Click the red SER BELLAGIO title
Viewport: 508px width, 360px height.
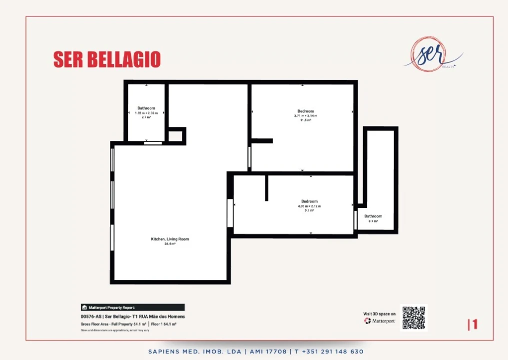pyautogui.click(x=107, y=59)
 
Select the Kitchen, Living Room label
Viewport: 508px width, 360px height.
pyautogui.click(x=170, y=239)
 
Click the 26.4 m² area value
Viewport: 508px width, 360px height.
pyautogui.click(x=170, y=244)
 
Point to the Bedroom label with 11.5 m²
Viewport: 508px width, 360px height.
pyautogui.click(x=305, y=111)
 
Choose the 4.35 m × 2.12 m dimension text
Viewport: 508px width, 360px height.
pyautogui.click(x=309, y=206)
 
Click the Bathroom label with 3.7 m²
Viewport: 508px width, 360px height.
pyautogui.click(x=373, y=216)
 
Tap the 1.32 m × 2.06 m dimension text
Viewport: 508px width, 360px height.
pyautogui.click(x=146, y=112)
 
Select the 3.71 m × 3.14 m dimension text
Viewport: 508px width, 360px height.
pyautogui.click(x=305, y=116)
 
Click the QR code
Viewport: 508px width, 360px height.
pyautogui.click(x=413, y=318)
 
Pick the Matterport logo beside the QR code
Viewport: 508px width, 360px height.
pyautogui.click(x=380, y=320)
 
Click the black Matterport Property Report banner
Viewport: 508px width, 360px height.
pyautogui.click(x=132, y=307)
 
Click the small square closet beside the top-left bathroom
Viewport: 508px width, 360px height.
pyautogui.click(x=175, y=135)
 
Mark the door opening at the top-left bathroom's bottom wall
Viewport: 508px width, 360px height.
pyautogui.click(x=153, y=143)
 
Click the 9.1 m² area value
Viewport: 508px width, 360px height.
pyautogui.click(x=309, y=210)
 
